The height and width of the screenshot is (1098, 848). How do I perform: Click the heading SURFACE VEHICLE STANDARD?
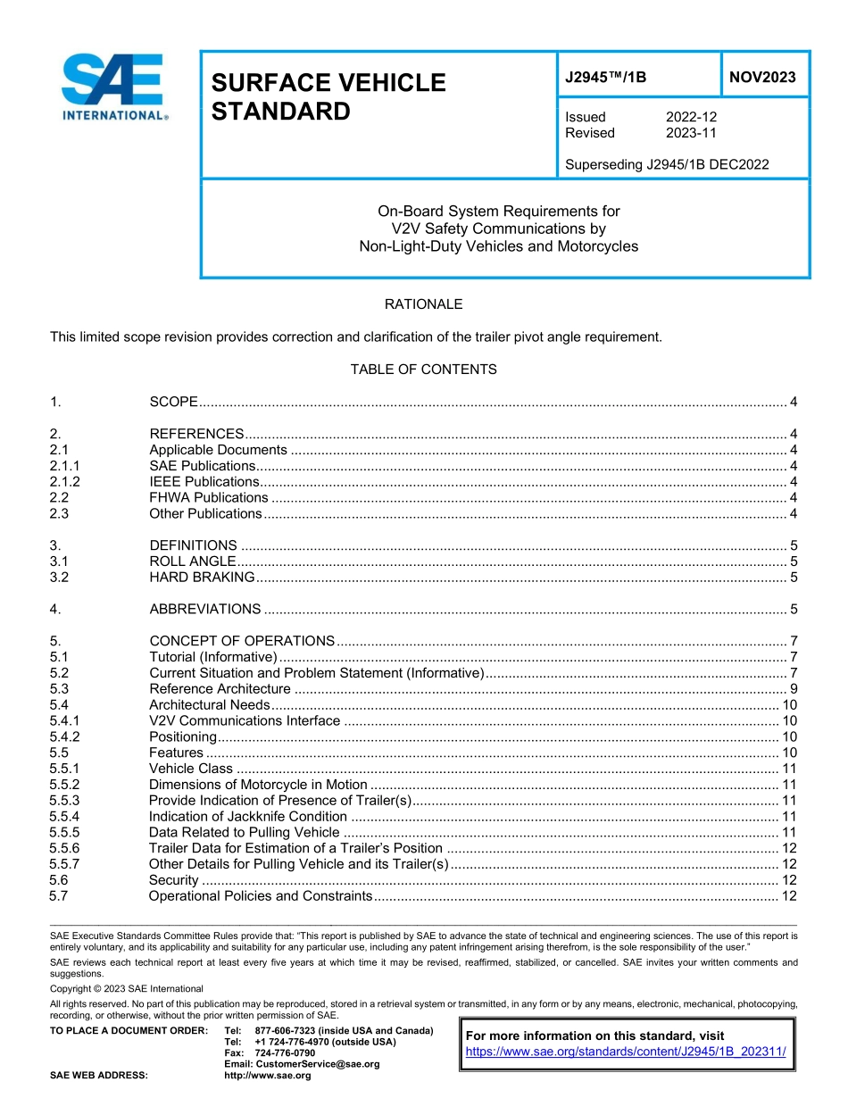[x=328, y=97]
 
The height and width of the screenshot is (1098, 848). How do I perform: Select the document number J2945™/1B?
[x=605, y=78]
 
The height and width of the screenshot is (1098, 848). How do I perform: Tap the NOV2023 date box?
[x=762, y=78]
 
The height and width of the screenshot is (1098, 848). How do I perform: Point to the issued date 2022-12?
[x=691, y=117]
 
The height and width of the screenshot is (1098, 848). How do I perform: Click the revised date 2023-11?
[x=691, y=133]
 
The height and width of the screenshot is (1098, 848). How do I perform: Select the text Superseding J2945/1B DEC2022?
[x=667, y=164]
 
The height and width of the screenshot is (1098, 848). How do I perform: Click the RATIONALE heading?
[x=423, y=304]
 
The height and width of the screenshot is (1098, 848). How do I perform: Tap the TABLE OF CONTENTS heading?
[x=423, y=370]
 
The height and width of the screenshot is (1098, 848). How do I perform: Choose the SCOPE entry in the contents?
[x=173, y=402]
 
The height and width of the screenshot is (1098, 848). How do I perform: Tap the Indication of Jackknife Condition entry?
[x=247, y=817]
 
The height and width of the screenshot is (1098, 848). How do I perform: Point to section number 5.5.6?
[x=65, y=848]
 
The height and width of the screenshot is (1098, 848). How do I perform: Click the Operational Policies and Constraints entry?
[x=260, y=896]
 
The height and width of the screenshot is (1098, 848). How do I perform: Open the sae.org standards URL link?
[x=626, y=1052]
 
